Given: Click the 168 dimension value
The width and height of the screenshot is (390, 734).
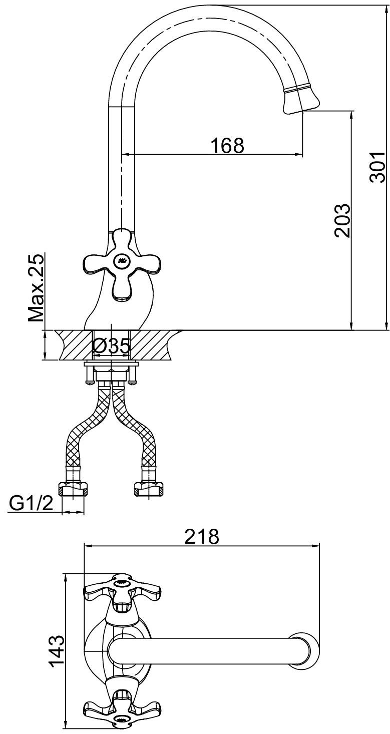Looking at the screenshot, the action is pos(227,145).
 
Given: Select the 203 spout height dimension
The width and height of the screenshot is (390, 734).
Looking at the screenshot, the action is pos(342,220).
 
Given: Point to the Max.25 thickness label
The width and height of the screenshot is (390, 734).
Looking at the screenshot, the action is pos(36,288).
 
